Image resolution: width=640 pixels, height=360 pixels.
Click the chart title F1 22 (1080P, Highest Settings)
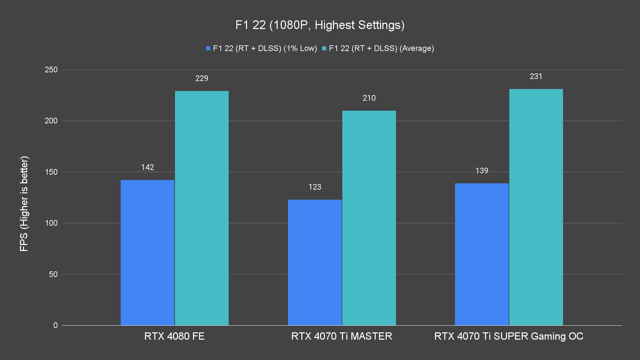(320, 25)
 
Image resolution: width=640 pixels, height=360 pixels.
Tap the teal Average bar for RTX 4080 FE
(202, 208)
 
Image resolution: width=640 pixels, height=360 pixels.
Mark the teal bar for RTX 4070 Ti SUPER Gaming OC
(536, 207)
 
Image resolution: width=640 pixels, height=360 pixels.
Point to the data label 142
(147, 167)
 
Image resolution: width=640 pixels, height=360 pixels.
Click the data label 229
(202, 78)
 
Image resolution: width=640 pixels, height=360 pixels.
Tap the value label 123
(315, 187)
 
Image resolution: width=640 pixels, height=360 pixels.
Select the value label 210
(369, 98)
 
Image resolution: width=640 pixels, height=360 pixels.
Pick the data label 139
(482, 171)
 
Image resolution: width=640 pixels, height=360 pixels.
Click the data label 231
(536, 76)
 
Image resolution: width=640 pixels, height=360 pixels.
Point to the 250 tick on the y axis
(51, 70)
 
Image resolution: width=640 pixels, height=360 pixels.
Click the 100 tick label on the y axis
(51, 223)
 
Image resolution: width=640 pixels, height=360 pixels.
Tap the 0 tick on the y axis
(55, 325)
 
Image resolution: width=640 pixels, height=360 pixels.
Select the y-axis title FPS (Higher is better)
(24, 203)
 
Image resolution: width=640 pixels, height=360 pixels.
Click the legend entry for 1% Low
(262, 48)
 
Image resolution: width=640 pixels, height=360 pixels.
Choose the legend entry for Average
(378, 48)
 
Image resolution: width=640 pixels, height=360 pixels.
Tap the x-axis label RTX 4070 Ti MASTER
(342, 336)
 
